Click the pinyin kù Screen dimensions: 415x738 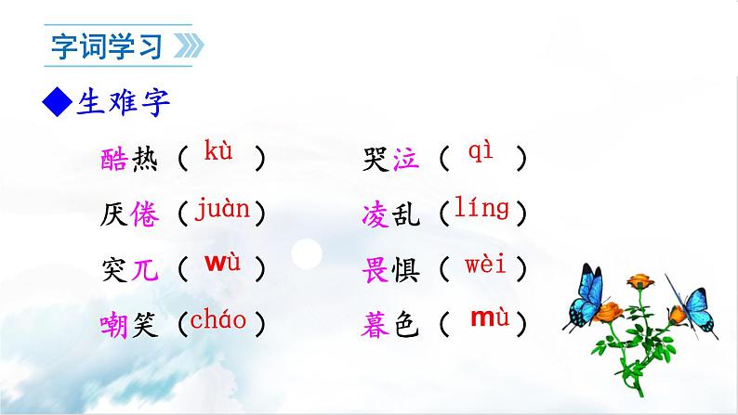pos(218,150)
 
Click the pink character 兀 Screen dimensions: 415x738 pos(147,270)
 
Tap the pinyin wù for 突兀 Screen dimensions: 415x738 pos(222,263)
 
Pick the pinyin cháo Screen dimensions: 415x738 pos(218,320)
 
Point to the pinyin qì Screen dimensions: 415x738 pos(484,151)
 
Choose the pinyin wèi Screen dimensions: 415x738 pos(485,266)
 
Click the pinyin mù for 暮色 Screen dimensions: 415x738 pos(488,318)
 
